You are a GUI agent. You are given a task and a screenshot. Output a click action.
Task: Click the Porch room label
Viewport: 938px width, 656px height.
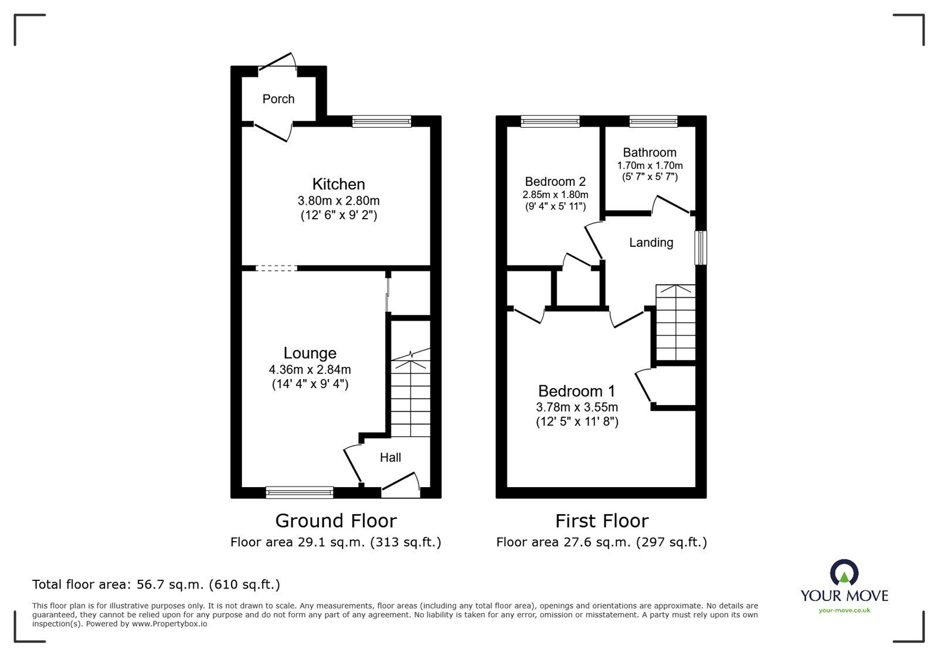[278, 99]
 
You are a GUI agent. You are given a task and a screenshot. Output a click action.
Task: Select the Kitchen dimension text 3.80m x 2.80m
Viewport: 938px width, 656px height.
[338, 200]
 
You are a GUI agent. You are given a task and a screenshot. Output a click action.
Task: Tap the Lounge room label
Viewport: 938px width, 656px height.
[310, 353]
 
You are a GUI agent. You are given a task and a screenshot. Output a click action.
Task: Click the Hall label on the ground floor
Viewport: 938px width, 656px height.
[390, 457]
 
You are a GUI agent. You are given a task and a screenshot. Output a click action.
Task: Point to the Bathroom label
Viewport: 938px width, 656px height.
[650, 152]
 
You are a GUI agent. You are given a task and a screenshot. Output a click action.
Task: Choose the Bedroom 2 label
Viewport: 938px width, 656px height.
[555, 182]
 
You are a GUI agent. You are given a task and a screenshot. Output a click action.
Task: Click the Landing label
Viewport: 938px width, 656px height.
[651, 243]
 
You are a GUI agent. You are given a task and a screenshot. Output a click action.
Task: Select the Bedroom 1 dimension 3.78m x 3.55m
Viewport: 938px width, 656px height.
[577, 407]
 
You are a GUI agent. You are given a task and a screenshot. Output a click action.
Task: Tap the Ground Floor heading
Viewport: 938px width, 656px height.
[336, 521]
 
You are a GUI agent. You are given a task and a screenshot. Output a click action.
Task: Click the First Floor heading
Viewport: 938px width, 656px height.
[601, 521]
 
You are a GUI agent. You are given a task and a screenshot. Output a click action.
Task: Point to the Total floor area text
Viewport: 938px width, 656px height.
[156, 584]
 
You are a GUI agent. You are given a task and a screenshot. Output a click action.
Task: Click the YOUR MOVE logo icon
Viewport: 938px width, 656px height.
[844, 573]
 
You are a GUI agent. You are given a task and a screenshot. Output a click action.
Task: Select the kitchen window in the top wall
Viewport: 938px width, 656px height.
[382, 121]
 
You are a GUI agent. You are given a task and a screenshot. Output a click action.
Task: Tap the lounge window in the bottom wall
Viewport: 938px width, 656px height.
[300, 492]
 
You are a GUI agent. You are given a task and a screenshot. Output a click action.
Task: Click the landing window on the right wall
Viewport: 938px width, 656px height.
[701, 247]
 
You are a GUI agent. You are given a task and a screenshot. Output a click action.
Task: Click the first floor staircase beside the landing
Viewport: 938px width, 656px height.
[675, 322]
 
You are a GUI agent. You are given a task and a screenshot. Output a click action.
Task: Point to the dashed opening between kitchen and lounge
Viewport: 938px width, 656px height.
[277, 268]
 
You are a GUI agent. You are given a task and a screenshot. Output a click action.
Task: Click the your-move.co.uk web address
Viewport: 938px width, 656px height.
[844, 611]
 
